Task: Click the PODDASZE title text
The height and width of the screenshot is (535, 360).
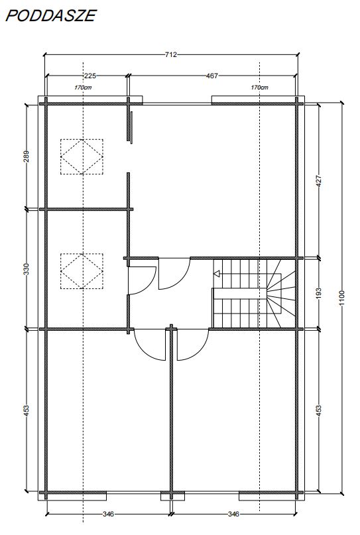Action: tap(50, 15)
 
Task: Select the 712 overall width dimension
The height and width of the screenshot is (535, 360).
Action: tap(170, 55)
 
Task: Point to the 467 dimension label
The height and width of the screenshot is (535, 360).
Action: tap(212, 76)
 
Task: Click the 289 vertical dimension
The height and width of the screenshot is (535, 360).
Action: tap(27, 156)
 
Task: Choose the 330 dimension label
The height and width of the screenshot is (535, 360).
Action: tap(27, 269)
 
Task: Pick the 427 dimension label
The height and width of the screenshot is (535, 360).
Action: tap(319, 181)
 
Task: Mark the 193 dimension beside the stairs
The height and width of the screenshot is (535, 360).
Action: tap(319, 292)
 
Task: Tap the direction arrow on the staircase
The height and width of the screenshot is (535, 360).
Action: tap(217, 272)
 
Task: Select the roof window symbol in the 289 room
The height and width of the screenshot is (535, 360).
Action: tap(82, 156)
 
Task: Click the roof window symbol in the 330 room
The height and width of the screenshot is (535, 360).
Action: tap(82, 270)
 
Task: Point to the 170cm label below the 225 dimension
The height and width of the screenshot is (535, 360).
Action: tap(82, 88)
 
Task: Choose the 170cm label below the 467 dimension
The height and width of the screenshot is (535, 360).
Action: tap(259, 88)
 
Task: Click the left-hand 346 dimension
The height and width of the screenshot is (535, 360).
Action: tap(109, 514)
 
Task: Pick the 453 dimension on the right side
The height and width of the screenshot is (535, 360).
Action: tap(319, 409)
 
